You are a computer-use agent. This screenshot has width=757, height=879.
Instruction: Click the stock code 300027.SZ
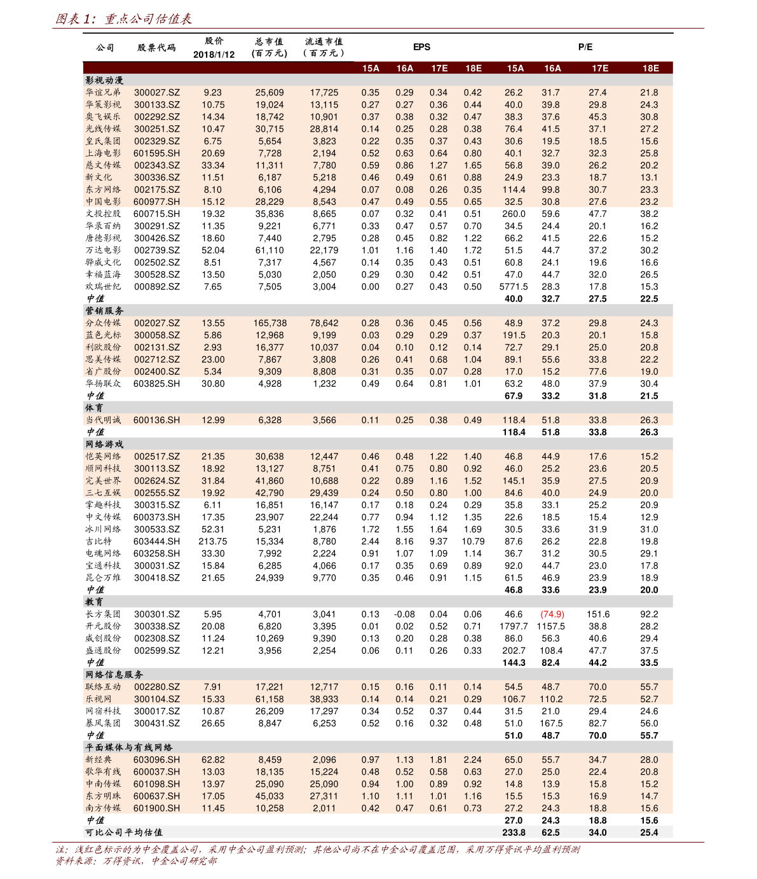coord(156,92)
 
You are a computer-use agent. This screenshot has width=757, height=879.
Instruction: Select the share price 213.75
coord(213,541)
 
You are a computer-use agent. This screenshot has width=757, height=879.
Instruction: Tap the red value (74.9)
coord(552,614)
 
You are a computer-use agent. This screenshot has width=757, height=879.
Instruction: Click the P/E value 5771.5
coord(514,287)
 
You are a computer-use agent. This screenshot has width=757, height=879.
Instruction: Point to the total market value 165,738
coord(269,323)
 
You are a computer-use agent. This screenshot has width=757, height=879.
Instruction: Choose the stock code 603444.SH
coord(156,541)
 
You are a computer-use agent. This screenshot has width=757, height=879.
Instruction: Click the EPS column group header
coord(421,47)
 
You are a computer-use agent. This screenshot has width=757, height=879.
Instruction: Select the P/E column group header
coord(585,47)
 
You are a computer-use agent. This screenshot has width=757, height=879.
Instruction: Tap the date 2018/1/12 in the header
coord(214,55)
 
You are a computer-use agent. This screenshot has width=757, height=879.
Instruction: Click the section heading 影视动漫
coord(104,80)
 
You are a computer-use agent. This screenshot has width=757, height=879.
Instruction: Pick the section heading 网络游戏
coord(104,444)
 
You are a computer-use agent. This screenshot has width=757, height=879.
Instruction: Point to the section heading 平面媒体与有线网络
coord(129,747)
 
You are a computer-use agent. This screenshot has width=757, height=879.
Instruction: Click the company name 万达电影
coord(103,250)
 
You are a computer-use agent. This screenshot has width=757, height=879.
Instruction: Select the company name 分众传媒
coord(103,323)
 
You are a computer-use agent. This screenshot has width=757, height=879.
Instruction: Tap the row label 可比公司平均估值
coord(124,833)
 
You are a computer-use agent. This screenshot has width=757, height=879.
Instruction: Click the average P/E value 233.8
coord(514,833)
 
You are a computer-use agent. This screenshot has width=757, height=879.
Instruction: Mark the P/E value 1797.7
coord(514,626)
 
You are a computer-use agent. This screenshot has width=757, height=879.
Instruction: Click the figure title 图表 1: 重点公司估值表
coord(123,19)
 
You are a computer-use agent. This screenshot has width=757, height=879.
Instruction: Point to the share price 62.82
coord(213,759)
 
